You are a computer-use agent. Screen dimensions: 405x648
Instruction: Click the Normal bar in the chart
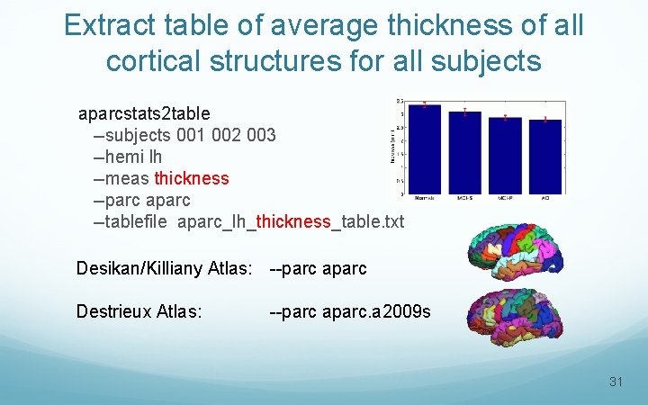[424, 148]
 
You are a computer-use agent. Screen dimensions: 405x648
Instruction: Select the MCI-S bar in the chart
[464, 152]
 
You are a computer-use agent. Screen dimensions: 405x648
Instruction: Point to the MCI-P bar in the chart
[505, 155]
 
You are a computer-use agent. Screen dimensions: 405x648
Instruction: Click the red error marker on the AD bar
[545, 119]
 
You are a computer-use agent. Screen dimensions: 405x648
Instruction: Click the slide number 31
[616, 382]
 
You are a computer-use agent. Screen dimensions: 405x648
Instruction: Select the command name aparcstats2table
[144, 114]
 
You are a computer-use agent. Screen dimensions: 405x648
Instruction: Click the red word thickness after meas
[192, 178]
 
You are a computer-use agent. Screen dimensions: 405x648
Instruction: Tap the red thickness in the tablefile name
[293, 221]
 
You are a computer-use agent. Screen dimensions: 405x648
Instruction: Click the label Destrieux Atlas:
[139, 312]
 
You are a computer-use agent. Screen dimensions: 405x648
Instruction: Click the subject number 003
[261, 136]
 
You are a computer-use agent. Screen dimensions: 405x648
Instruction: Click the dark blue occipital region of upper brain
[555, 261]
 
